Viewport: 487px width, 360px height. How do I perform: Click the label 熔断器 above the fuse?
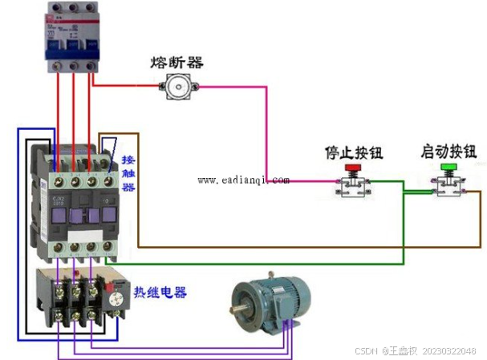click(x=177, y=62)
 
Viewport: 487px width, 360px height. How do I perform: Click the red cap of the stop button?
click(x=352, y=168)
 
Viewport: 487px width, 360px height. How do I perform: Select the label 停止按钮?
click(x=352, y=152)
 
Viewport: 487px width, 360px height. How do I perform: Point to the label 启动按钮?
click(x=448, y=152)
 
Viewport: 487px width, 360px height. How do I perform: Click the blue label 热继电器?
click(x=160, y=293)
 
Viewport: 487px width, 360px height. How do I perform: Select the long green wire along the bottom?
click(x=257, y=261)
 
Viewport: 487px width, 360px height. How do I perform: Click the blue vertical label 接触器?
click(x=128, y=173)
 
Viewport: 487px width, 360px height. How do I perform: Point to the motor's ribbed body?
click(x=277, y=301)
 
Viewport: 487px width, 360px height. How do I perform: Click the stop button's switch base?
click(x=353, y=187)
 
